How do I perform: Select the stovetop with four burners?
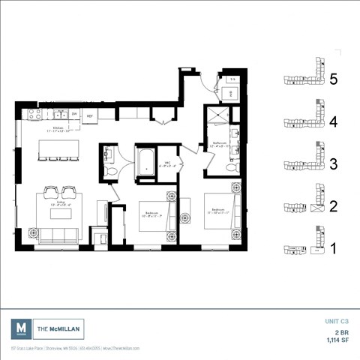[34, 115]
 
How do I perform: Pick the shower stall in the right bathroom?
[222, 116]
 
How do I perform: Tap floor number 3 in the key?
[334, 163]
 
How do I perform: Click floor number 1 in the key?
[334, 246]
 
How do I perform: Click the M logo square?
[20, 328]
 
